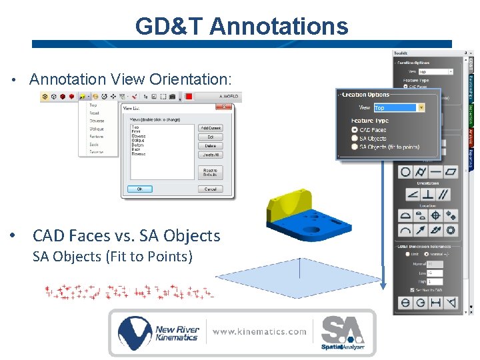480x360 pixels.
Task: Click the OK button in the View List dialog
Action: tap(139, 189)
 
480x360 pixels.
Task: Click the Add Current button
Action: tap(211, 128)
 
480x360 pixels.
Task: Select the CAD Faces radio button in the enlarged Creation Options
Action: tap(354, 130)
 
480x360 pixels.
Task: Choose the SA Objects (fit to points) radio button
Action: tap(354, 147)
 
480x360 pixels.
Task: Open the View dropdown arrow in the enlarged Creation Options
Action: tap(421, 107)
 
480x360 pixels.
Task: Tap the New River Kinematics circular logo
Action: tap(135, 333)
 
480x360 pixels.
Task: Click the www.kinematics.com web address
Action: tap(260, 331)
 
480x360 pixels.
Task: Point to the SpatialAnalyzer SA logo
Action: tap(343, 331)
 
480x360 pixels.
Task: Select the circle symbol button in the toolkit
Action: tap(405, 172)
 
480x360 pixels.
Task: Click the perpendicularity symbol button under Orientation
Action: tap(427, 194)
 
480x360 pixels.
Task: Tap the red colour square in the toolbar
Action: tap(189, 97)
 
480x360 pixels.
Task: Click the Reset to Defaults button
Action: tap(211, 172)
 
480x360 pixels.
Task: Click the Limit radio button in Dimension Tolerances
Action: tap(407, 253)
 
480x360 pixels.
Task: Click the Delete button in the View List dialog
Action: tap(211, 145)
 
